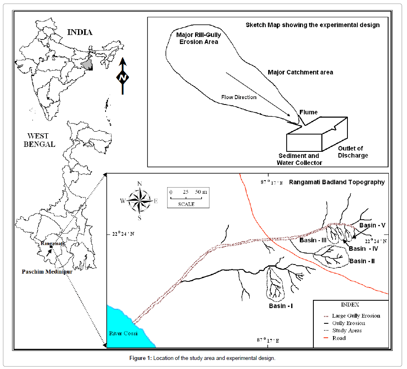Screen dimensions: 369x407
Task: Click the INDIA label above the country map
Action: (80, 32)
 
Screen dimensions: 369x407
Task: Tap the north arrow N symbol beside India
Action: (123, 77)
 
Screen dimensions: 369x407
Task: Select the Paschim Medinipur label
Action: (42, 272)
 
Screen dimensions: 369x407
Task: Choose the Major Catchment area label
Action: (300, 72)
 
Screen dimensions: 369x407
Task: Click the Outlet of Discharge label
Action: (352, 152)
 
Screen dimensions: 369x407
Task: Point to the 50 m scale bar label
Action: (201, 192)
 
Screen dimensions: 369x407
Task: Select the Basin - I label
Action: (281, 306)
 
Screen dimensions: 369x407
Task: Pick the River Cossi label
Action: (123, 333)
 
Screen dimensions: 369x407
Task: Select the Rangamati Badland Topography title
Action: (337, 182)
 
